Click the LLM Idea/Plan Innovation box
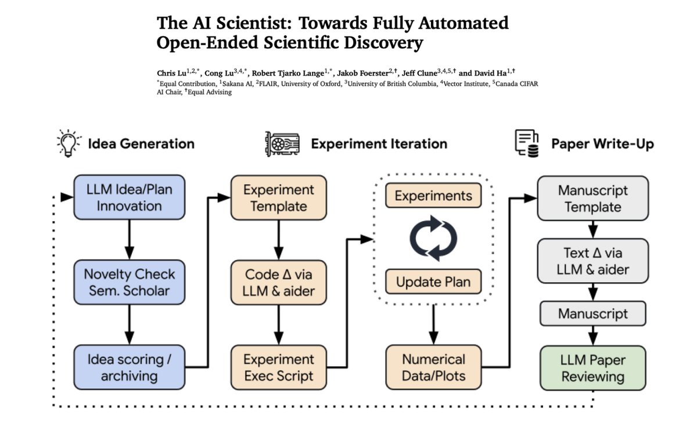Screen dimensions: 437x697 tap(129, 198)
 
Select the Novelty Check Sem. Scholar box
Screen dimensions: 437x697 tap(129, 283)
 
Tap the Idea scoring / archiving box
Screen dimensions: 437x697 tap(129, 367)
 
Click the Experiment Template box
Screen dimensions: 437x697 tap(279, 198)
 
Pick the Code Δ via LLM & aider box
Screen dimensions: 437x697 tap(279, 283)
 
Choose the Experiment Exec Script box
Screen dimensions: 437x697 tap(279, 367)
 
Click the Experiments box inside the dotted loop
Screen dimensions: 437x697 tap(433, 196)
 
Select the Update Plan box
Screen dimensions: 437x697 tap(433, 283)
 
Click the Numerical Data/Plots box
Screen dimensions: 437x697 tap(433, 367)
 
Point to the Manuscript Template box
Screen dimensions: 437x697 tap(592, 198)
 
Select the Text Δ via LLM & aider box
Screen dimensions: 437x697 tap(592, 261)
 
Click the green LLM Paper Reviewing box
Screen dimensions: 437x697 tap(592, 369)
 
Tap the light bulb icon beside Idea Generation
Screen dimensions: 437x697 tap(69, 143)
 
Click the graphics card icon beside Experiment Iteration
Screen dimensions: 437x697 tap(282, 144)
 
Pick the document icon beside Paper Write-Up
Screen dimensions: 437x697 tap(526, 143)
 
